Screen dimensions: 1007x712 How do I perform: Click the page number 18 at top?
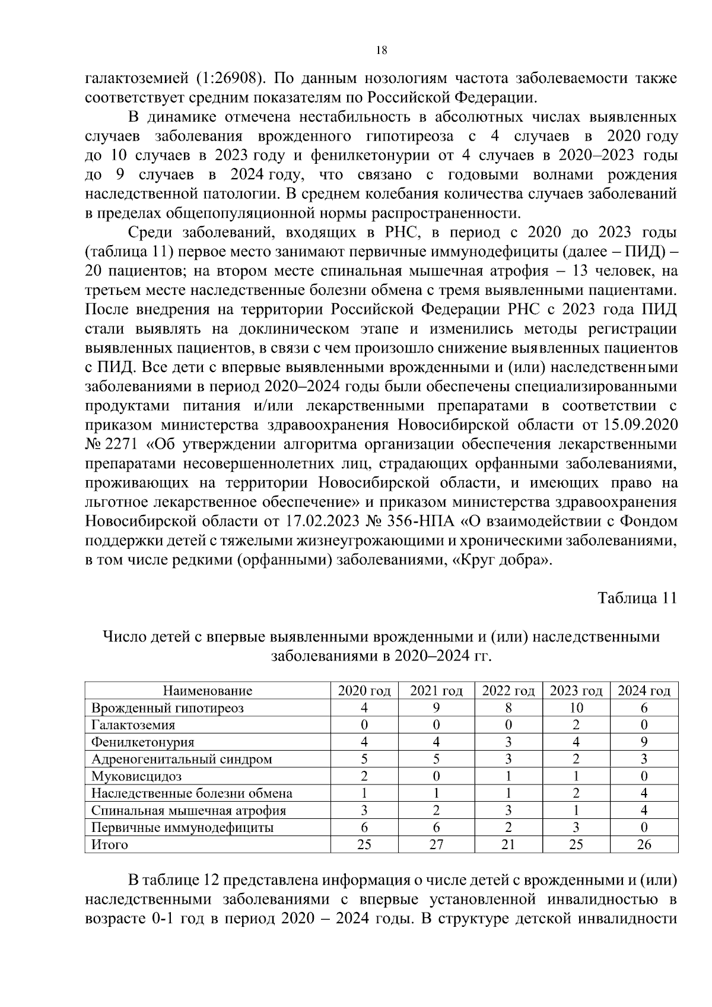(382, 50)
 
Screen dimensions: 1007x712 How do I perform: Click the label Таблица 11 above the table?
(637, 598)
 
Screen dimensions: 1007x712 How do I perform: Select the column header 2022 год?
(508, 691)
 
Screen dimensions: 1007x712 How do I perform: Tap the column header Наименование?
(208, 691)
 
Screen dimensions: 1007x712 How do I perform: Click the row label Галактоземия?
(133, 725)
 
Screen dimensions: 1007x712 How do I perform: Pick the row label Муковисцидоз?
(136, 776)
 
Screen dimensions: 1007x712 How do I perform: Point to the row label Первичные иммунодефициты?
(182, 828)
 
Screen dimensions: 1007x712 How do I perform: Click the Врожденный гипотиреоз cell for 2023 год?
(576, 708)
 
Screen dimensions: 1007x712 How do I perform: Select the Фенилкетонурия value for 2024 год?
(644, 742)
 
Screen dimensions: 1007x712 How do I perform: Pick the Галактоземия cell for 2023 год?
(576, 725)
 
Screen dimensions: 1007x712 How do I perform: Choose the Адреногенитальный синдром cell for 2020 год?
(364, 759)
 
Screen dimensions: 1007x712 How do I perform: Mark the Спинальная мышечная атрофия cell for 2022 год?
(508, 811)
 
